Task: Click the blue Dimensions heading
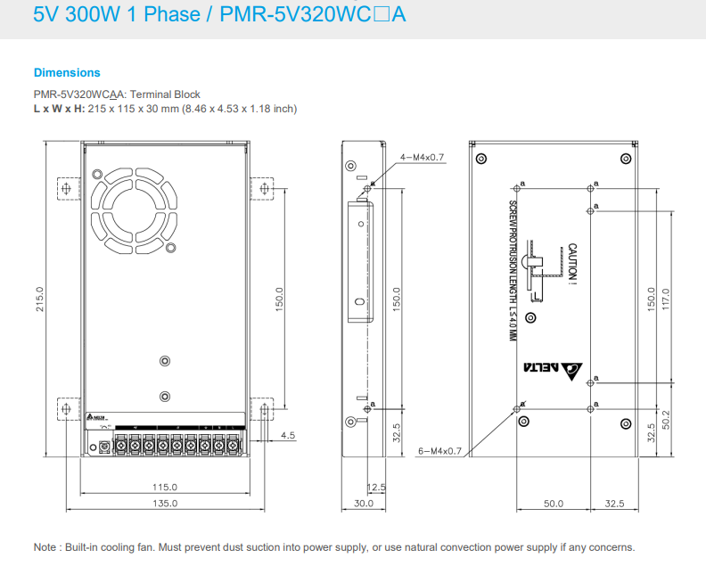pos(67,72)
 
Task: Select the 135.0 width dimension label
pos(164,504)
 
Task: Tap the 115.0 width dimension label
pos(164,487)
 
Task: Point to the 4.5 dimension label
pos(287,435)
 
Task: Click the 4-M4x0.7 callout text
pos(422,157)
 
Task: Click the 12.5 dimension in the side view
pos(376,487)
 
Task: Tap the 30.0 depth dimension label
pos(363,504)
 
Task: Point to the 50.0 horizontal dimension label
pos(554,504)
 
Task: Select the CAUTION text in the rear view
pos(572,265)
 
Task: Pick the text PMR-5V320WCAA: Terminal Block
pos(117,94)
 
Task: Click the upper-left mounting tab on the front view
pos(66,188)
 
